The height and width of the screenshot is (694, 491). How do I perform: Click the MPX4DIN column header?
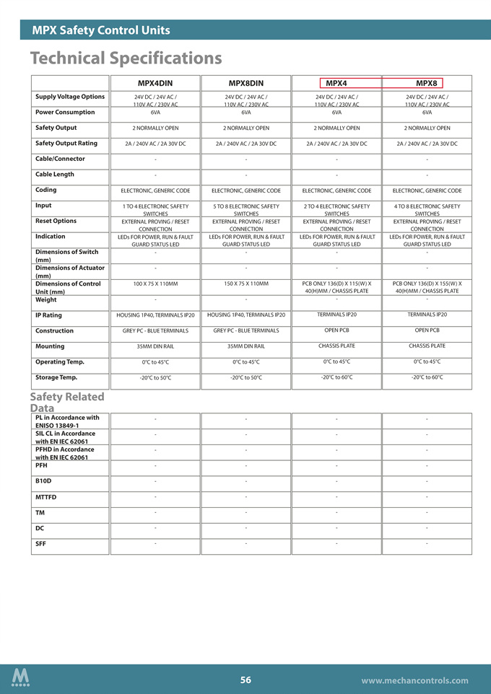coord(155,83)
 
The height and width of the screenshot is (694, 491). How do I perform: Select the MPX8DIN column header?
coord(245,83)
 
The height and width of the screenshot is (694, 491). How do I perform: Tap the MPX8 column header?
coord(427,83)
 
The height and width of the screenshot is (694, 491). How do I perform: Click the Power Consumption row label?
coord(65,112)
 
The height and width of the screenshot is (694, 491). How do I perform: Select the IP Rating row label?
coord(48,315)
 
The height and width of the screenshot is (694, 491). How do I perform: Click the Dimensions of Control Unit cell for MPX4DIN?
coord(155,284)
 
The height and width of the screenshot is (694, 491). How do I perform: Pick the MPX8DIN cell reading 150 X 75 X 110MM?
coord(245,284)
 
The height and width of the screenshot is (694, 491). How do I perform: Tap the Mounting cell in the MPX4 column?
coord(336,346)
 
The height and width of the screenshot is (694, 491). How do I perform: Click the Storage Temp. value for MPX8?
coord(427,377)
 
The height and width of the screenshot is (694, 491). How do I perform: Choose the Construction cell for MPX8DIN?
coord(245,330)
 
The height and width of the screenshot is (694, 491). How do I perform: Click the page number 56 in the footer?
coord(245,680)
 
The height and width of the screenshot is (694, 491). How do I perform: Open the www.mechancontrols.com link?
coord(414,680)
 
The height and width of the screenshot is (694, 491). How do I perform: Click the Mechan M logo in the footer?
coord(21,677)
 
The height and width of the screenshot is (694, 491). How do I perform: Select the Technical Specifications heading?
coord(126,57)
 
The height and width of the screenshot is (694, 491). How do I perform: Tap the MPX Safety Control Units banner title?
coord(101,30)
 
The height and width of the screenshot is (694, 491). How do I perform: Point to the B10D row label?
coord(43,480)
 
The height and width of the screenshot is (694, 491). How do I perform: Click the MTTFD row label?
coord(45,497)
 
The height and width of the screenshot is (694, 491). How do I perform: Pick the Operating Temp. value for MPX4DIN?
coord(155,362)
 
